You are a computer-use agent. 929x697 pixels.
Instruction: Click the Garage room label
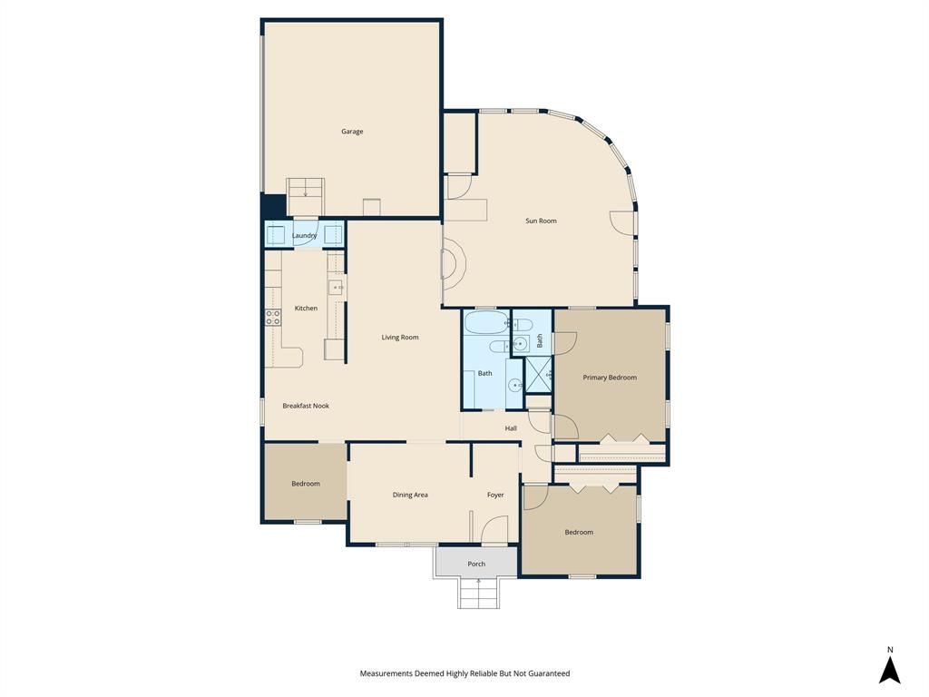(x=352, y=132)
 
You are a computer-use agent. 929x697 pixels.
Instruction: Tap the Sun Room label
(x=541, y=221)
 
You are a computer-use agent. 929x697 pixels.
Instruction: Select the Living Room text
(x=399, y=338)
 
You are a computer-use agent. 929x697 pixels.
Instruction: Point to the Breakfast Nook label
(x=305, y=406)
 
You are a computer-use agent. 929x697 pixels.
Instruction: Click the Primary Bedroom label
(x=609, y=378)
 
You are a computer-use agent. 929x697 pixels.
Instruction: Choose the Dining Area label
(x=410, y=495)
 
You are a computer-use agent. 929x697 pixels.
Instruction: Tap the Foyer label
(x=495, y=495)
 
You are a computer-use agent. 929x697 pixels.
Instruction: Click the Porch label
(x=476, y=564)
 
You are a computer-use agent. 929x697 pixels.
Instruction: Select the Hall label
(x=511, y=428)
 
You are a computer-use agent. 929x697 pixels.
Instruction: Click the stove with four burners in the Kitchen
(x=272, y=318)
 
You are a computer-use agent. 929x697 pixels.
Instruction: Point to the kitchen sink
(x=336, y=288)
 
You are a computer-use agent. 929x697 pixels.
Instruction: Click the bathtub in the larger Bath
(x=486, y=322)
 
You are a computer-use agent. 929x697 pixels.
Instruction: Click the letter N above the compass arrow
(x=890, y=649)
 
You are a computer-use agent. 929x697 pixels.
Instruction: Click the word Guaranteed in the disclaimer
(x=544, y=673)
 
